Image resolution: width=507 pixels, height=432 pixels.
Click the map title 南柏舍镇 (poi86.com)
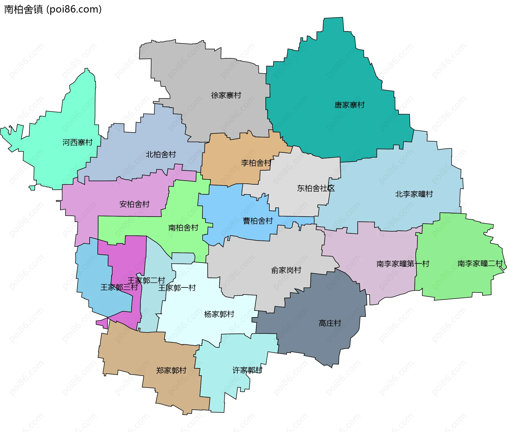pyautogui.click(x=53, y=10)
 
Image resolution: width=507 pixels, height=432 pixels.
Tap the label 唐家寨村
pyautogui.click(x=349, y=105)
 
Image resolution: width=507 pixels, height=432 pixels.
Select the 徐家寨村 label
pyautogui.click(x=226, y=95)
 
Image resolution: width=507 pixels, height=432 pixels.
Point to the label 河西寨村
pyautogui.click(x=77, y=143)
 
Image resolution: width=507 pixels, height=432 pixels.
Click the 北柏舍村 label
pyautogui.click(x=161, y=155)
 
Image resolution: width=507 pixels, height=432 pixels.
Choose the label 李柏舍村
pyautogui.click(x=256, y=163)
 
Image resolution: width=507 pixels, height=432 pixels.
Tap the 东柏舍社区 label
pyautogui.click(x=316, y=188)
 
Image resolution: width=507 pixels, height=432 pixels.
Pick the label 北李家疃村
pyautogui.click(x=414, y=194)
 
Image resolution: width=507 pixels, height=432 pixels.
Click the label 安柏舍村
pyautogui.click(x=134, y=204)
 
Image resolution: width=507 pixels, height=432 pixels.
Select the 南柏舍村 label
pyautogui.click(x=183, y=228)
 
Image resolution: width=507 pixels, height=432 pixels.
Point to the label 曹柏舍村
pyautogui.click(x=258, y=221)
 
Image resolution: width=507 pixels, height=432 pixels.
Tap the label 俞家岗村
pyautogui.click(x=286, y=270)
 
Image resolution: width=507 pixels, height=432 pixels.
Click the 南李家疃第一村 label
pyautogui.click(x=403, y=264)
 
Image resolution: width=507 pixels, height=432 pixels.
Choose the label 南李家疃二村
pyautogui.click(x=480, y=264)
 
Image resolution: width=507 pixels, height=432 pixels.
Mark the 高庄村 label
pyautogui.click(x=330, y=323)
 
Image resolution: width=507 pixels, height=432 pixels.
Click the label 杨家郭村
pyautogui.click(x=219, y=314)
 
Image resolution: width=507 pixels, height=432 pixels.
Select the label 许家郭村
pyautogui.click(x=247, y=370)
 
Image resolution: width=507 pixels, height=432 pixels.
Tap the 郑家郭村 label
pyautogui.click(x=171, y=370)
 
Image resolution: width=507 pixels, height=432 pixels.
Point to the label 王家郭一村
pyautogui.click(x=177, y=288)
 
